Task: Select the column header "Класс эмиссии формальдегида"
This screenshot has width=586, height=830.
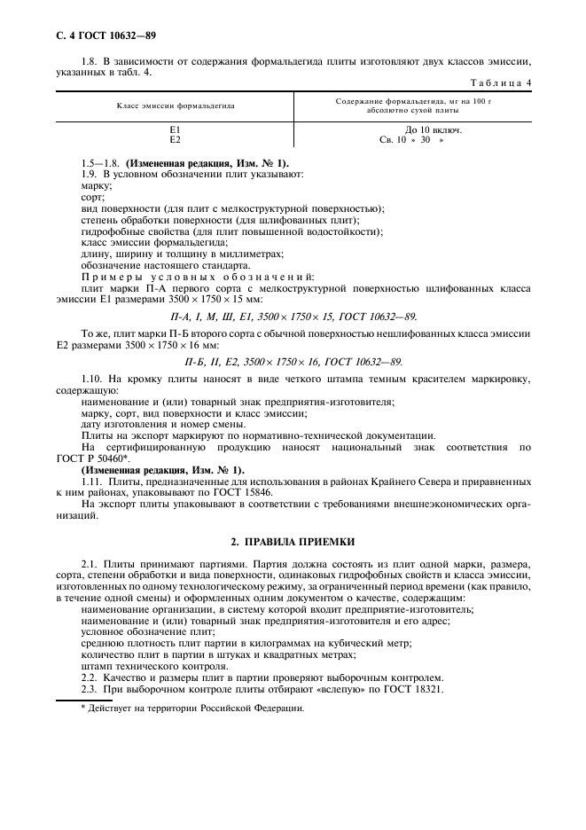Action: (x=176, y=105)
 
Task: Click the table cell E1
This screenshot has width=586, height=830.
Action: (x=176, y=129)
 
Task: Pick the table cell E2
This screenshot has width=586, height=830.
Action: (x=176, y=139)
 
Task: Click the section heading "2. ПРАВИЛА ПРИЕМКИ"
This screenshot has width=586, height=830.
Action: (x=293, y=541)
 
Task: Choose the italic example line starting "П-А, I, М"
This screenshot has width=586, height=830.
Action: (x=293, y=317)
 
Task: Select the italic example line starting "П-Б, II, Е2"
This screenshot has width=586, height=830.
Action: (x=293, y=362)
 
